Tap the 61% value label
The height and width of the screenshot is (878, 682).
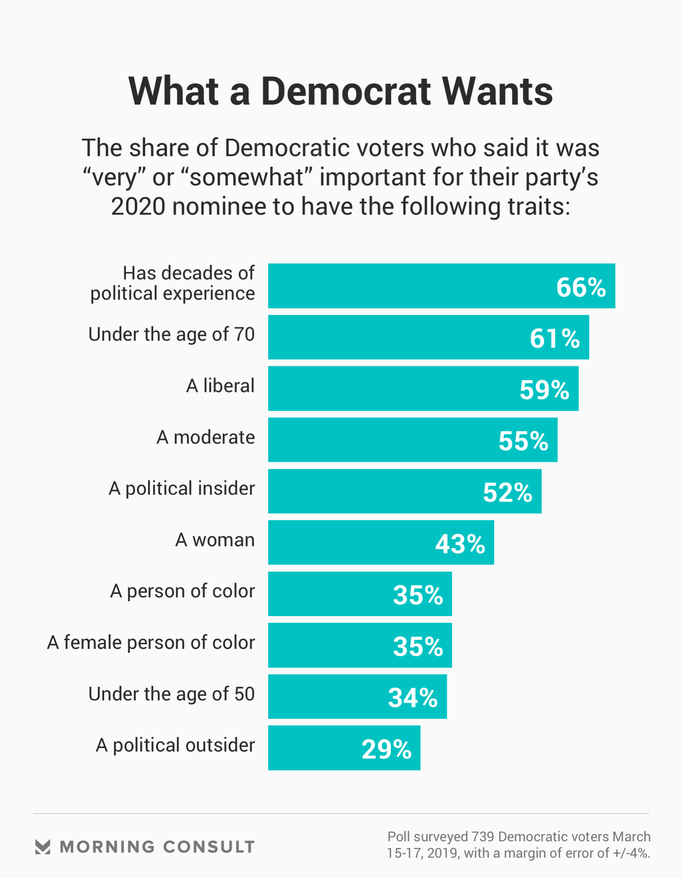(x=554, y=338)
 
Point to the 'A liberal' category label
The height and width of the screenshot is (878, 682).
(x=220, y=386)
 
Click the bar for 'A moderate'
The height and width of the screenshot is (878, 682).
(x=382, y=440)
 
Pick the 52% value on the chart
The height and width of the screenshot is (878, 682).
(x=507, y=492)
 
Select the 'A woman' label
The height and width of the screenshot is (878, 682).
(x=215, y=540)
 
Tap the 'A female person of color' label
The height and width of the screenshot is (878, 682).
(x=151, y=643)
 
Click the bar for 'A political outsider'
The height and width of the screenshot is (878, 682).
(x=313, y=748)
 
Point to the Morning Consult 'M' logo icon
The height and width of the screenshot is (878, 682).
(x=43, y=847)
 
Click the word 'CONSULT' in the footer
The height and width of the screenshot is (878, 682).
(x=209, y=847)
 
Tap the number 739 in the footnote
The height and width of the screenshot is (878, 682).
(x=483, y=836)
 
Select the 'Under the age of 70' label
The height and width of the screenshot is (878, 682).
(x=172, y=335)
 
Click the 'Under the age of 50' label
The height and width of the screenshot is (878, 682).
(x=172, y=694)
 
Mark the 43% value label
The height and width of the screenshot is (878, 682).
(x=460, y=544)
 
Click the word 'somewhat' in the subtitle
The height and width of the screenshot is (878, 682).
(x=246, y=177)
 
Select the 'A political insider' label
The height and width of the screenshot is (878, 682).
(x=182, y=488)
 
